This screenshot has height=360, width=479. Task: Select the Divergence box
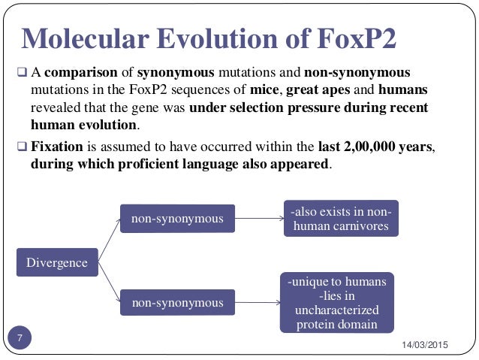(57, 263)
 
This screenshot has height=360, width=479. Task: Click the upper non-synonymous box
(177, 219)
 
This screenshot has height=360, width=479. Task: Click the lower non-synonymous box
(177, 303)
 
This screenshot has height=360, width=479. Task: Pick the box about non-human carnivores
(340, 217)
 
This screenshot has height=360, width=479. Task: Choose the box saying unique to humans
(338, 303)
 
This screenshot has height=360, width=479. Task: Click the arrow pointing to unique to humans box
(255, 303)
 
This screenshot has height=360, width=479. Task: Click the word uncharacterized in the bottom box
(338, 310)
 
